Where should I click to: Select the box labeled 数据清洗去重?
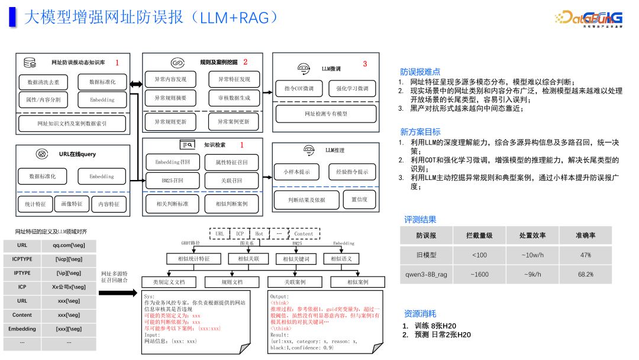43,82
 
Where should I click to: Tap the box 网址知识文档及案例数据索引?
72,123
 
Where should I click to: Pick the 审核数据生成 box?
234,98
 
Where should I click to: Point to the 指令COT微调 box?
299,88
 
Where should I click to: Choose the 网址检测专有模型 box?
326,114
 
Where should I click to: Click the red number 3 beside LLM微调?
364,64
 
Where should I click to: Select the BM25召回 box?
172,181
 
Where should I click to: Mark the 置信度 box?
359,200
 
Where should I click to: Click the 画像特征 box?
72,204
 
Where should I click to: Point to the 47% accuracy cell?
585,255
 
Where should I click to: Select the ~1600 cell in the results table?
479,275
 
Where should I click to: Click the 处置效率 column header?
532,236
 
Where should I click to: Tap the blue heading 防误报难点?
420,72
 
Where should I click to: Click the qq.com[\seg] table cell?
67,245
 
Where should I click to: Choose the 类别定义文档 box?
169,282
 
